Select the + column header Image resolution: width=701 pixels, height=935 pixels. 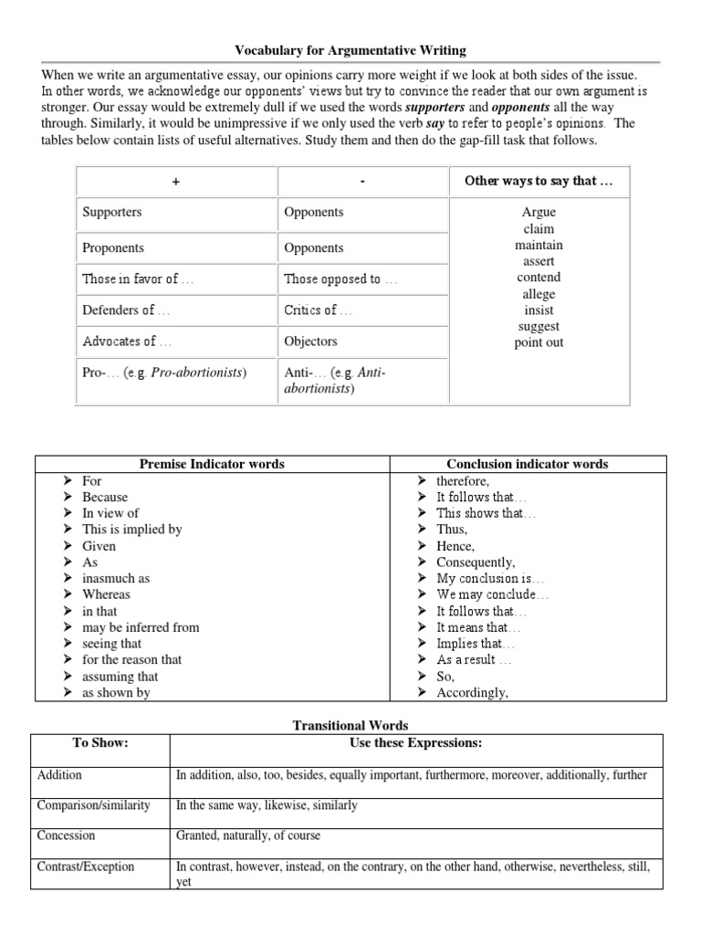point(176,181)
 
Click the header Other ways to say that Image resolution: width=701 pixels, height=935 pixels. point(539,180)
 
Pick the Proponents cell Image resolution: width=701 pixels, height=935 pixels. point(113,247)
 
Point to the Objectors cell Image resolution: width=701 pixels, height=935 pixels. point(310,341)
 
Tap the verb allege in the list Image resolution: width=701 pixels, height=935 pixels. point(539,294)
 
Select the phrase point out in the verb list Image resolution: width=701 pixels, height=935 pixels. point(539,342)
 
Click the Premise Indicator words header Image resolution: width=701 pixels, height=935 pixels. point(212,464)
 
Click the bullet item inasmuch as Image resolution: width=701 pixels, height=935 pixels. point(116,578)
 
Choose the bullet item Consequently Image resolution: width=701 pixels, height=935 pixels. point(476,562)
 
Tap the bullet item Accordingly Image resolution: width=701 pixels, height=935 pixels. point(472,692)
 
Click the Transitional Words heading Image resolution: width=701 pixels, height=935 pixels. point(350,725)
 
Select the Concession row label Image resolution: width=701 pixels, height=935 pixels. point(67,835)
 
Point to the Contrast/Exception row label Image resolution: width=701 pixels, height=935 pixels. point(86,866)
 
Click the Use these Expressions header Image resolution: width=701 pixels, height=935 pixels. point(415,742)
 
